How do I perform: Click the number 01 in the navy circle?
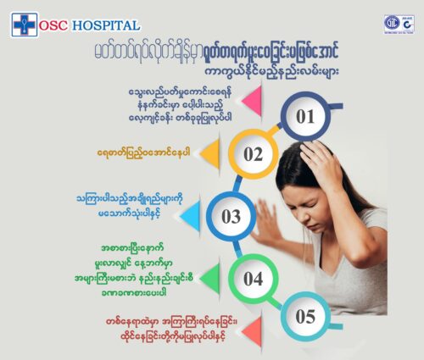[x=305, y=116]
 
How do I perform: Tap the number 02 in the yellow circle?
[x=254, y=154]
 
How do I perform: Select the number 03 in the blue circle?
[x=231, y=217]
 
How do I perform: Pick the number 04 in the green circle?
[x=254, y=279]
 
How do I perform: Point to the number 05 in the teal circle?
[x=305, y=316]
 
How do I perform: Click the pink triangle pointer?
[x=253, y=101]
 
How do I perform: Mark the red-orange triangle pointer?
[x=253, y=331]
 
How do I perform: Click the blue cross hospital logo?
[x=25, y=25]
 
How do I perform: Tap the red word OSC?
[x=53, y=25]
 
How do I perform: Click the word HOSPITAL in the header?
[x=106, y=25]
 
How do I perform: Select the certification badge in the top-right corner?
[x=399, y=25]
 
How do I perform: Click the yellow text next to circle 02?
[x=143, y=153]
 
